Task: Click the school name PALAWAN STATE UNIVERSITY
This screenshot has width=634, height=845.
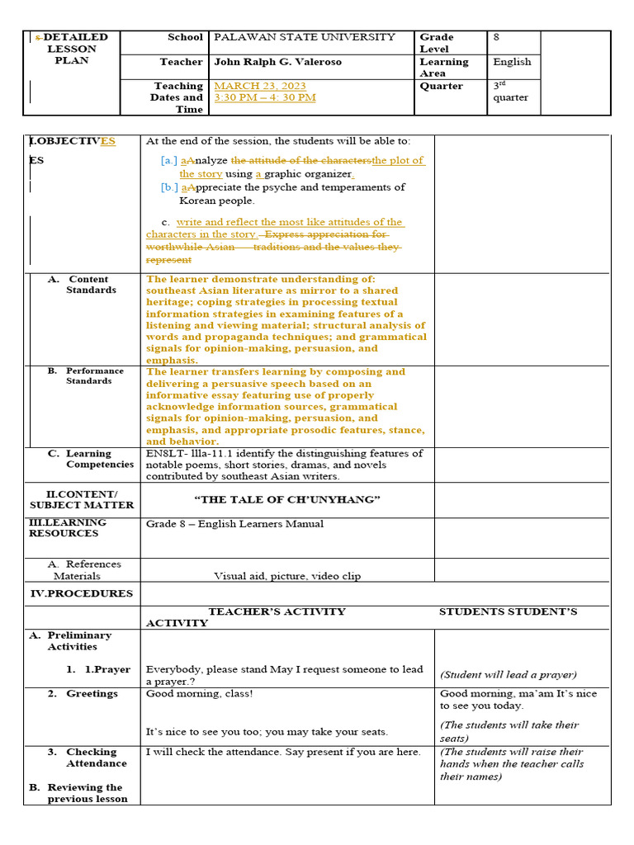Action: [304, 37]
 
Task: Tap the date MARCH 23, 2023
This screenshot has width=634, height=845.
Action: [259, 86]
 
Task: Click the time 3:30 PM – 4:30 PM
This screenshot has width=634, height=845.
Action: [264, 97]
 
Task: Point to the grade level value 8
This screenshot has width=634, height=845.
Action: [497, 37]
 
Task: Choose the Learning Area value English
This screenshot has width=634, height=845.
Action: [512, 62]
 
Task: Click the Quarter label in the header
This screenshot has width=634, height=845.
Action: [441, 86]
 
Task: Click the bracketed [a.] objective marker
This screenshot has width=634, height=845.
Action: [169, 161]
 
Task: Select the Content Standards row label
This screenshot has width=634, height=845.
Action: [90, 285]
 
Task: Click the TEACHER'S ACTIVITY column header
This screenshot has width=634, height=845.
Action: [277, 611]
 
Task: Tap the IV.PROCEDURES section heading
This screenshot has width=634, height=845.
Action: [81, 593]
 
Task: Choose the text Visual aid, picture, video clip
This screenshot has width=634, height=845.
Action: [286, 576]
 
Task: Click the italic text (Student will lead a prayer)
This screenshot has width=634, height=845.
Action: [508, 675]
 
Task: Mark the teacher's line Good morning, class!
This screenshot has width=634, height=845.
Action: [199, 694]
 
